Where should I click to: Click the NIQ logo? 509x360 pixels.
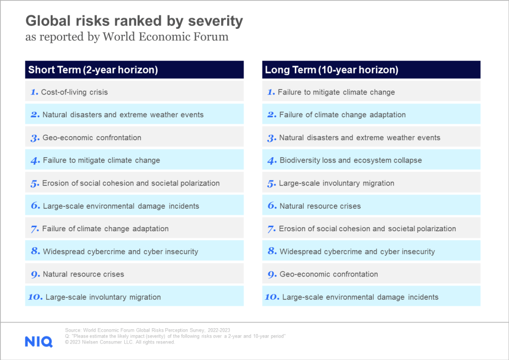click(39, 342)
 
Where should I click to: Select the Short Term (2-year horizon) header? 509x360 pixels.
click(93, 70)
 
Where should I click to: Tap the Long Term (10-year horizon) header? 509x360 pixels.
click(332, 70)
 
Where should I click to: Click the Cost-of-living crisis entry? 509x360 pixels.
click(75, 92)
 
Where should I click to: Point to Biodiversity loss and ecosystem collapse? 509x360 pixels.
click(350, 161)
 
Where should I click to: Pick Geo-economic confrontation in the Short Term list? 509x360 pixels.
click(92, 138)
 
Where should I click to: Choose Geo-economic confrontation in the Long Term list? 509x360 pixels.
click(329, 274)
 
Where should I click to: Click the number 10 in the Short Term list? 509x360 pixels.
click(35, 297)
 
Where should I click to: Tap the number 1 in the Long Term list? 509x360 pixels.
click(271, 92)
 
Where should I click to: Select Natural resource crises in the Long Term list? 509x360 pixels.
click(320, 206)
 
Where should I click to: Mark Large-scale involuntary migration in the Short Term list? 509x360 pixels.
click(103, 297)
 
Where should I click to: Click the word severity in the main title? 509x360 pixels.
click(216, 21)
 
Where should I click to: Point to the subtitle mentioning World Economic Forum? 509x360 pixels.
click(127, 37)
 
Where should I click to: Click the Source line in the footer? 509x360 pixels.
click(147, 330)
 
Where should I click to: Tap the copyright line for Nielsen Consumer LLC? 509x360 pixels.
click(120, 342)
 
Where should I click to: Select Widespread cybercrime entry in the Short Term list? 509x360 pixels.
click(120, 252)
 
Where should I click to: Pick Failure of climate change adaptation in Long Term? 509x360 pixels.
click(342, 115)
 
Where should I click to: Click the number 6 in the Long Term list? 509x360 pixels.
click(272, 206)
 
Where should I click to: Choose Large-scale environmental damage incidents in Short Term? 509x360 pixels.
click(121, 206)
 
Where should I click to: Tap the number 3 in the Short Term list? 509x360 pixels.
click(35, 138)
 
